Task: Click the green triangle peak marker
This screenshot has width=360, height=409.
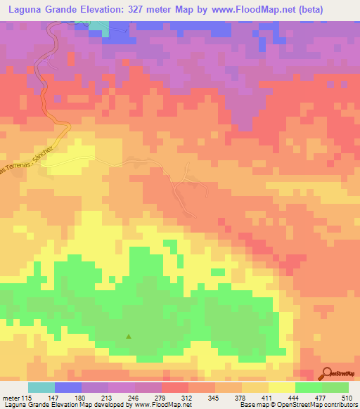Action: (x=128, y=336)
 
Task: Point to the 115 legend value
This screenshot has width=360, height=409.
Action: (x=27, y=397)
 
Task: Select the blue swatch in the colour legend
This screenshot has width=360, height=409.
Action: (x=68, y=387)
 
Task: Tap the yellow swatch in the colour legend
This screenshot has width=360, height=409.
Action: (x=281, y=387)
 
